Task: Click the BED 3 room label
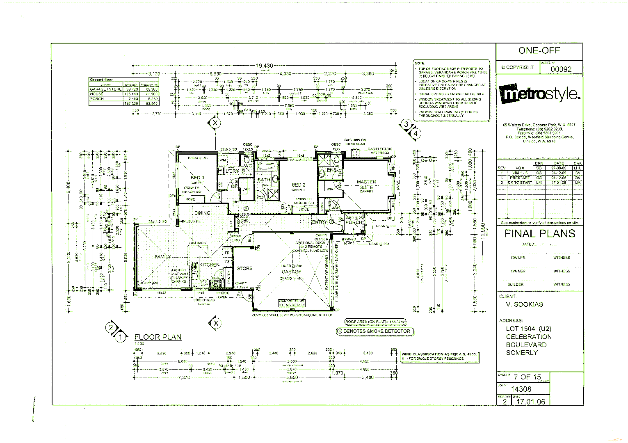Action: tap(197, 178)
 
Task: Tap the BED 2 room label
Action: tap(299, 185)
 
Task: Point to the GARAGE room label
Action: tap(291, 272)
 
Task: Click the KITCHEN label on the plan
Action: tap(210, 265)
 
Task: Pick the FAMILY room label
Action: tap(163, 257)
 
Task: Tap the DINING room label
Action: tap(202, 213)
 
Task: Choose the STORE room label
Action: tap(244, 268)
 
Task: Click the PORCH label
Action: tap(354, 222)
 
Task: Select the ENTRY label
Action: tap(320, 222)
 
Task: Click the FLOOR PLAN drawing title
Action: tap(158, 337)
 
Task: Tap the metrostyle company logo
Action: tap(540, 94)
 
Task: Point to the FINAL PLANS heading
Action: tap(540, 234)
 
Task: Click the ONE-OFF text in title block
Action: tap(539, 51)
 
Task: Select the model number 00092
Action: tap(561, 69)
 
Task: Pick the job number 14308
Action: tap(521, 389)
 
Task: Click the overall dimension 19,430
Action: tap(265, 66)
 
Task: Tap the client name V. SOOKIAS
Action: tap(524, 304)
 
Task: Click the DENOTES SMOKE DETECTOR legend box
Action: tap(374, 331)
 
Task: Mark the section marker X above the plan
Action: tap(215, 122)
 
